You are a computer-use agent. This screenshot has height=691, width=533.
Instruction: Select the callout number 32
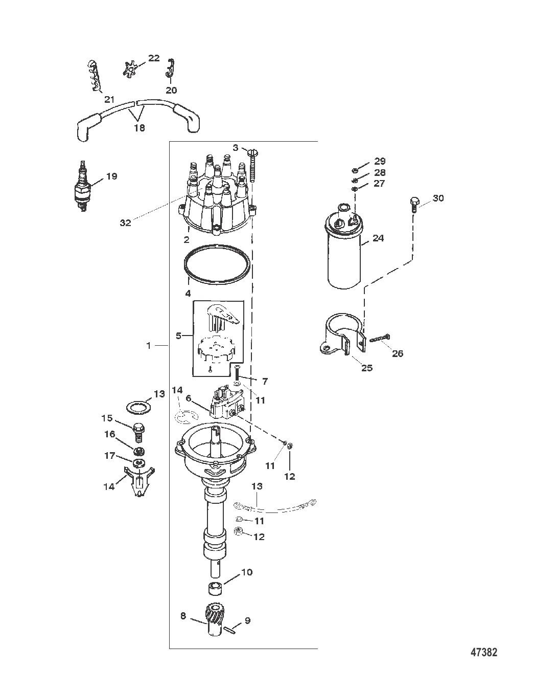(126, 222)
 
